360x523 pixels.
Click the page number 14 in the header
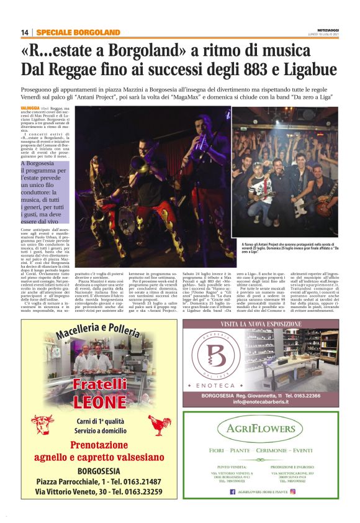click(x=24, y=32)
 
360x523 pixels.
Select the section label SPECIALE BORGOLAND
click(x=78, y=32)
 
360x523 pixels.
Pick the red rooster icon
click(x=159, y=425)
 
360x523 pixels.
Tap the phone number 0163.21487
click(x=140, y=481)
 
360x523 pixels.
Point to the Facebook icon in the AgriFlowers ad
click(x=232, y=491)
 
